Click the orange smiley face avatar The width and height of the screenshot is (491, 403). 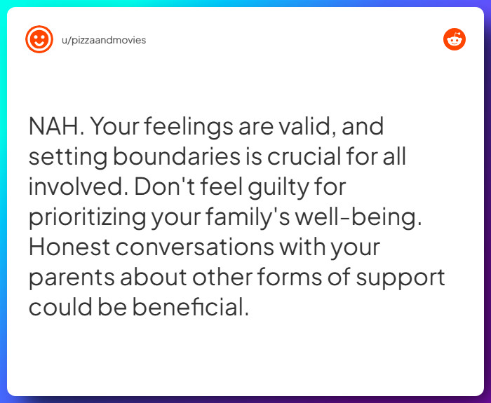pyautogui.click(x=39, y=40)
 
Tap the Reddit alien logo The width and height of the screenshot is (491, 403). pyautogui.click(x=455, y=40)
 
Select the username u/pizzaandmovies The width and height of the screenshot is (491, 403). pyautogui.click(x=104, y=40)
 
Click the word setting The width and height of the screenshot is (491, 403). pyautogui.click(x=64, y=157)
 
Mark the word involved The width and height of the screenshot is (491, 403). pyautogui.click(x=75, y=187)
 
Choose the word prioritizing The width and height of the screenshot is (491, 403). pyautogui.click(x=87, y=217)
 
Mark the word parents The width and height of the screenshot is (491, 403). pyautogui.click(x=71, y=278)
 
